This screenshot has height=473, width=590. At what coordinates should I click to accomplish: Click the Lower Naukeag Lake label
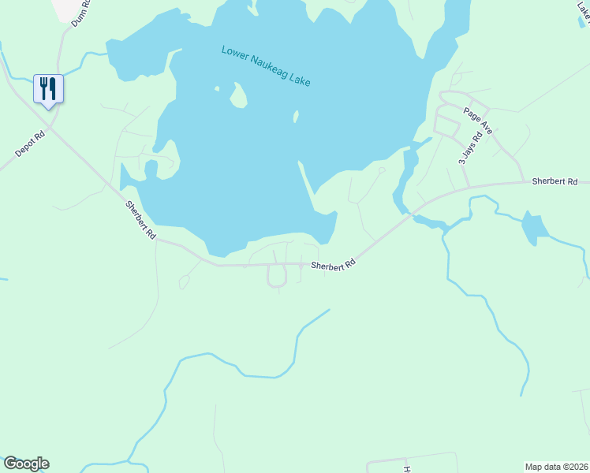coord(266,66)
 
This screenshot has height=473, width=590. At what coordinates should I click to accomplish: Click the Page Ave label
coord(478,120)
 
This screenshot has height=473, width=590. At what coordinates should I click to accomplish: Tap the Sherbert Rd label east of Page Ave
coord(555,182)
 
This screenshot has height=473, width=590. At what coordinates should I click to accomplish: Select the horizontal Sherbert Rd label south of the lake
coord(333,266)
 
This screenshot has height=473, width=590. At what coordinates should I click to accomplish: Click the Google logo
coord(26,464)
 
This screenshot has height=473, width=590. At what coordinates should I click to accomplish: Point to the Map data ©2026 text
coord(556,466)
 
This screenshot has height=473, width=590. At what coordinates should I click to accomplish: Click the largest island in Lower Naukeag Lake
coord(237,97)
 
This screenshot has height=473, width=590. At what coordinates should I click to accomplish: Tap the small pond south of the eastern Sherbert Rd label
coord(534,228)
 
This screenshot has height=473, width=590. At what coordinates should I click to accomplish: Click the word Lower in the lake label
coord(234,54)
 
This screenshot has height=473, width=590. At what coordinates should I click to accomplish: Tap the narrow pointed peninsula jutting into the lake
coord(308,178)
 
